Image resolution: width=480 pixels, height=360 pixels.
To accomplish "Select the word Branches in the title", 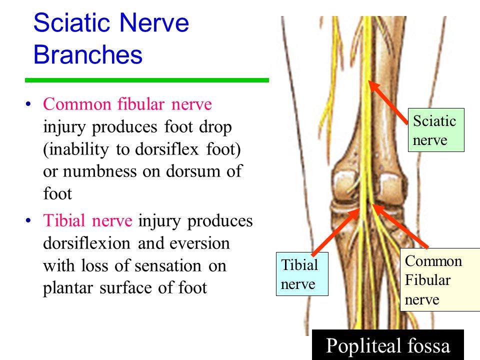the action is click(88, 54).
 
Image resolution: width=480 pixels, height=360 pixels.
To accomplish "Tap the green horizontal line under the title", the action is click(147, 80).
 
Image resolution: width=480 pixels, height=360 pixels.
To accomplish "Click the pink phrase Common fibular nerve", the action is click(127, 104).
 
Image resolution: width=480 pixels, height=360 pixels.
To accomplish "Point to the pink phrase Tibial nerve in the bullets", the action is click(88, 220).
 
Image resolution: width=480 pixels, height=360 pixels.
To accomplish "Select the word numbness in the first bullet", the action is click(100, 171).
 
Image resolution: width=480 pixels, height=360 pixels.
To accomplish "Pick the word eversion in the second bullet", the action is click(199, 243).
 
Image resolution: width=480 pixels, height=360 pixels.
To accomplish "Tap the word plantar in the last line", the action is click(68, 288).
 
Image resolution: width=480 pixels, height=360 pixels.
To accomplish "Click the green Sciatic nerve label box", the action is click(436, 130).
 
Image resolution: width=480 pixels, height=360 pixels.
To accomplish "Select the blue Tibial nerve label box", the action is click(302, 274).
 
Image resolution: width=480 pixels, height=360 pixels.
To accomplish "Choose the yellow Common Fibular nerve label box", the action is click(440, 280).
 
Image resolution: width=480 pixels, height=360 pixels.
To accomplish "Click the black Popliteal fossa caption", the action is click(388, 345).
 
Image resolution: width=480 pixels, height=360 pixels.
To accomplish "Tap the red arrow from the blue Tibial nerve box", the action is click(335, 232).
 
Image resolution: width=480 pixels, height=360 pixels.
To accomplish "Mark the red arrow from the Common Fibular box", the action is click(400, 226).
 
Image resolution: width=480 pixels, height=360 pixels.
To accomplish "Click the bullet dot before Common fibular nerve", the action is click(28, 104).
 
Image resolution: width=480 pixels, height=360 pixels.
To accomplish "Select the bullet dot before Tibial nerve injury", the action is click(28, 220).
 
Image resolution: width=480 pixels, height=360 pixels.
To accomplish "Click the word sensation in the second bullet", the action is click(168, 265).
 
